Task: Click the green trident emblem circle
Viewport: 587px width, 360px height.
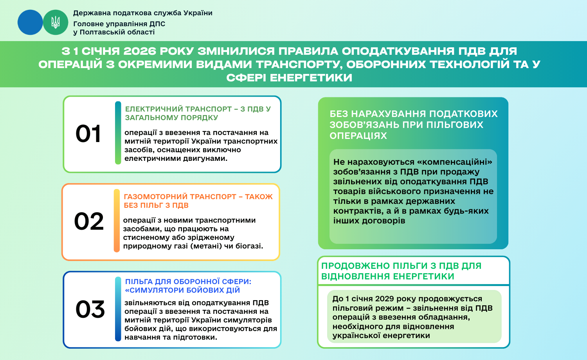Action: point(55,22)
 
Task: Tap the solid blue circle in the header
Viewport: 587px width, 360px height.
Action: point(30,22)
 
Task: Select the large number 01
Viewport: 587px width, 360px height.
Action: point(88,133)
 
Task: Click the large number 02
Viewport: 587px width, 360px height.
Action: point(89,221)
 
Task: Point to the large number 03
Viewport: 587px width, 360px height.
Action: point(90,309)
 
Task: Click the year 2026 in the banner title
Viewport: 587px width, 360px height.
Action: point(139,51)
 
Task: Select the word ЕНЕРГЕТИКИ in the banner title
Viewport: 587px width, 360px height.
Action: point(311,77)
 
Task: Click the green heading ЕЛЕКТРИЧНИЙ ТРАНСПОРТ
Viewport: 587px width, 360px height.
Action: point(178,109)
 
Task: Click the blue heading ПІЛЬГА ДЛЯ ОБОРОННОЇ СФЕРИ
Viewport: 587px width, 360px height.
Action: point(188,282)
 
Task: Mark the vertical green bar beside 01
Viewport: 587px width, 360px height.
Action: point(118,133)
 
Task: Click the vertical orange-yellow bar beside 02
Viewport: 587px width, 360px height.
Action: point(117,221)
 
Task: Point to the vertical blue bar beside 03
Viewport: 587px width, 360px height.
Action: point(118,309)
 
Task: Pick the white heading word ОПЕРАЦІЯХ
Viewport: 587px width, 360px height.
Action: point(358,136)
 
